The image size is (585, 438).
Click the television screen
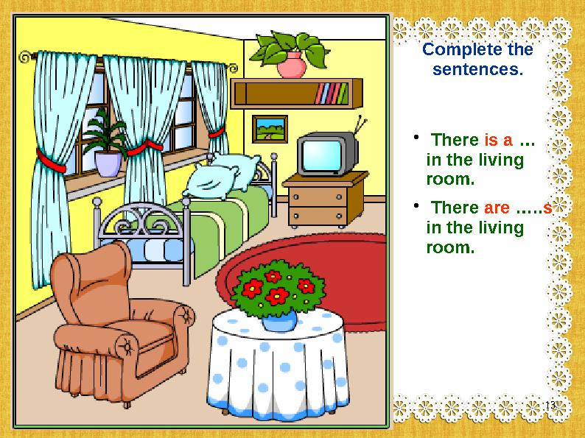pos(322,155)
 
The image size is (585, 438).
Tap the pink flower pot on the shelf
pos(292,65)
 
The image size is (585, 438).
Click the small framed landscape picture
pos(269,128)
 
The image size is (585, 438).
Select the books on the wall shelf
pos(332,93)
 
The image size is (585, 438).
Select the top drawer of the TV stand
pos(318,196)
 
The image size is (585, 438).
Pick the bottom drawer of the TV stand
pos(318,215)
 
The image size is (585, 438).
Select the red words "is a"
pos(497,140)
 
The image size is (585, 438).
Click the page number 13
pos(548,407)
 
